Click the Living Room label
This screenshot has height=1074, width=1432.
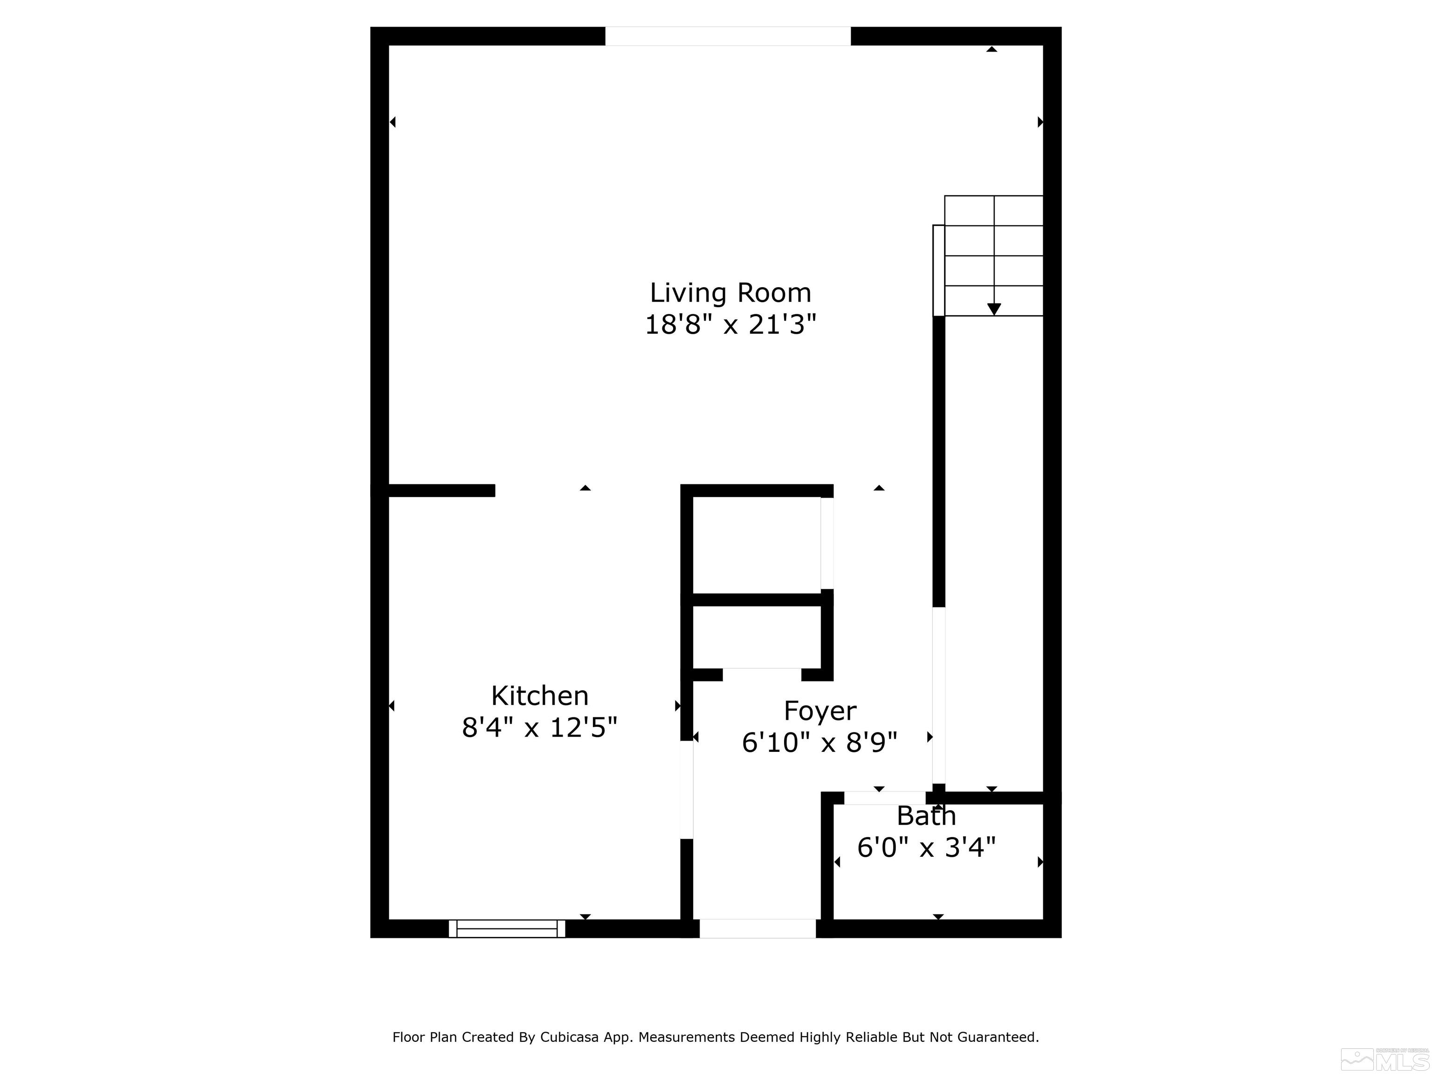[x=730, y=293]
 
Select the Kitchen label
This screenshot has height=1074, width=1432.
[x=539, y=696]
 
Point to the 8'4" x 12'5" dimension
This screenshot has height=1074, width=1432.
[x=539, y=728]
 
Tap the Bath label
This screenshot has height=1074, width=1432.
[x=926, y=816]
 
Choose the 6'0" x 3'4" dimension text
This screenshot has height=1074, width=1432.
[x=926, y=847]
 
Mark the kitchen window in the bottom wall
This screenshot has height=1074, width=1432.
[x=507, y=929]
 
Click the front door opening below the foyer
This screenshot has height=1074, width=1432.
[x=757, y=929]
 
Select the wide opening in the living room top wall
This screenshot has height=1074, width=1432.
[x=728, y=36]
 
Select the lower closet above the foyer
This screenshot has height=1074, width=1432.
[x=756, y=637]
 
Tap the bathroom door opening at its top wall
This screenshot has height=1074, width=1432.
[x=884, y=798]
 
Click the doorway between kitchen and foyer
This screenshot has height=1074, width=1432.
[x=686, y=789]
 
